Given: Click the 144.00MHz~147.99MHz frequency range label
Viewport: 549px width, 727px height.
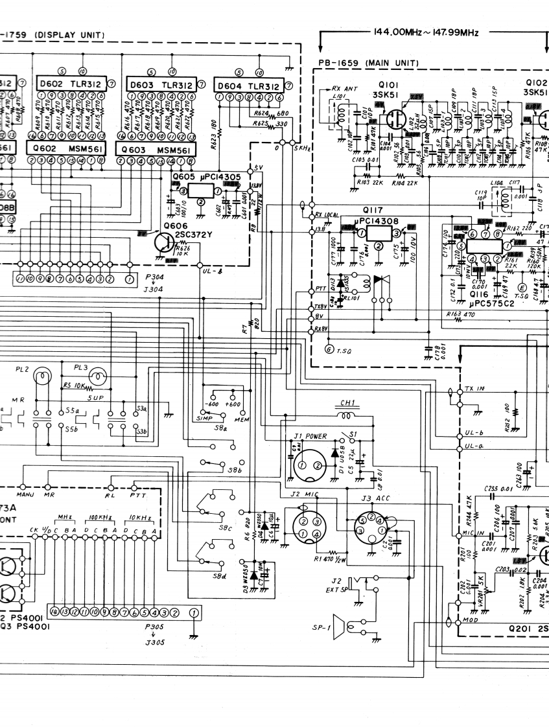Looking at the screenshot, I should tap(426, 32).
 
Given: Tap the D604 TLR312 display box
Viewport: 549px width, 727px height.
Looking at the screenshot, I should tap(247, 86).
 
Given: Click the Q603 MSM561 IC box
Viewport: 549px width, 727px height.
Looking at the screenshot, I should tap(154, 150).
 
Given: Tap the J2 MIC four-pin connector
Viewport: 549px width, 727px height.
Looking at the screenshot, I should tap(307, 524).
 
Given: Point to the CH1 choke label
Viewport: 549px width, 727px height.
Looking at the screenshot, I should tap(348, 403).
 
